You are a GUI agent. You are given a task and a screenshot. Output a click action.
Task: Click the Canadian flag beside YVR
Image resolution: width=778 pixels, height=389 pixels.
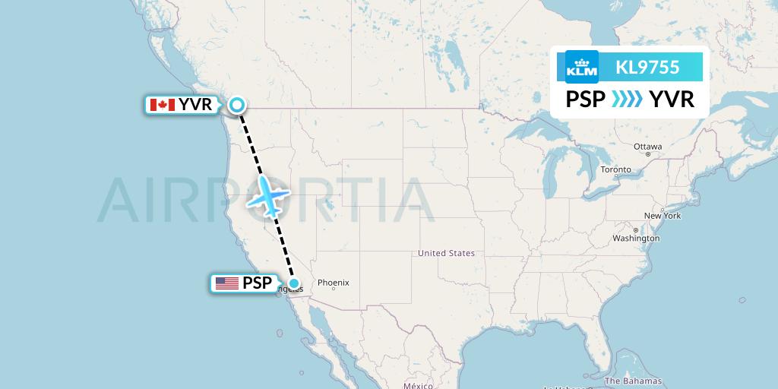162,105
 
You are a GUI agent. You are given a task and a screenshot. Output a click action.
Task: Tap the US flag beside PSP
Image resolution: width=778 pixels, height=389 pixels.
226,283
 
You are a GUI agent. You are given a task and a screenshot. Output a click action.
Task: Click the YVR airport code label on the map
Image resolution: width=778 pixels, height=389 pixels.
195,105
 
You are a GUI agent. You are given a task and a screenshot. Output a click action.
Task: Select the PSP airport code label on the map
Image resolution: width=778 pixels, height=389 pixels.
258,283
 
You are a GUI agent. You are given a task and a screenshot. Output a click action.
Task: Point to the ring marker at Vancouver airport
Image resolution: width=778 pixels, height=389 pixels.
238,105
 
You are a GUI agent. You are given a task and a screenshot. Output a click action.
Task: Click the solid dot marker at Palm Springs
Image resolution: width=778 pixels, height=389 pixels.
294,283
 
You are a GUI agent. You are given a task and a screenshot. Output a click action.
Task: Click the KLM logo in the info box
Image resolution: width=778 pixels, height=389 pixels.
582,67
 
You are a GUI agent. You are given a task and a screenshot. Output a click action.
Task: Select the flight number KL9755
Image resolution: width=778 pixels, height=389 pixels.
647,67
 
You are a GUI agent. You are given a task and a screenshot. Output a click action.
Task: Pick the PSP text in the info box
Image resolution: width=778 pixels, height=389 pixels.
586,99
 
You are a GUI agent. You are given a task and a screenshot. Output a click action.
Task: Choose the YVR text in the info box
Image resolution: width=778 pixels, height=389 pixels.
671,99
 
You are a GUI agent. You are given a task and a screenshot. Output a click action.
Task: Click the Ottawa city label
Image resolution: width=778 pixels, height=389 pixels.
648,147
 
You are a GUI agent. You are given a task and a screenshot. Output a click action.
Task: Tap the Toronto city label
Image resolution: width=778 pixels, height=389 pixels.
615,169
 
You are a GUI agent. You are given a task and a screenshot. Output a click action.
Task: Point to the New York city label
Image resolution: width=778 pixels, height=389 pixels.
662,216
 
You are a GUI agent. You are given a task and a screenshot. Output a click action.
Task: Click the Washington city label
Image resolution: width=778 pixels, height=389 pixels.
636,239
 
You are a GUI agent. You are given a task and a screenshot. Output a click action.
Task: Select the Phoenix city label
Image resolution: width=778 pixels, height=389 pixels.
333,283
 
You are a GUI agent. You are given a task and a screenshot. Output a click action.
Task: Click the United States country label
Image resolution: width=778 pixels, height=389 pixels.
446,253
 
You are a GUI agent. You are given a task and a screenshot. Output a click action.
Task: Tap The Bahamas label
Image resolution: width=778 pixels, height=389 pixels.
633,381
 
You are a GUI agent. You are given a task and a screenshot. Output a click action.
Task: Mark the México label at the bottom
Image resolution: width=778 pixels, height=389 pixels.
418,385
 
